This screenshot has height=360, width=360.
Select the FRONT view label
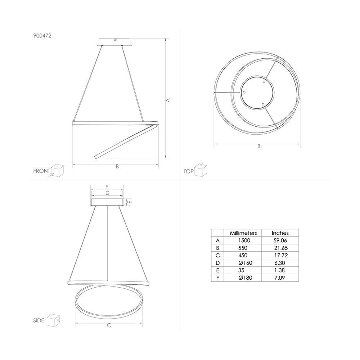click(x=42, y=171)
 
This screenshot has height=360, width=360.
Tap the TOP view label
click(x=189, y=172)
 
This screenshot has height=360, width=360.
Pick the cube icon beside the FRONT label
click(x=57, y=170)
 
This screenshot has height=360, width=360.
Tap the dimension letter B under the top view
click(x=258, y=147)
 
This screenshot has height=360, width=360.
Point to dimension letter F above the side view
click(x=107, y=187)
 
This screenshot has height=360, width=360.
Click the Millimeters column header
click(x=240, y=233)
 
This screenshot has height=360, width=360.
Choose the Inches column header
click(x=280, y=233)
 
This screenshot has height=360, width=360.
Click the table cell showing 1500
click(x=240, y=240)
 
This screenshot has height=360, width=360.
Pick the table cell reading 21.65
click(x=280, y=248)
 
